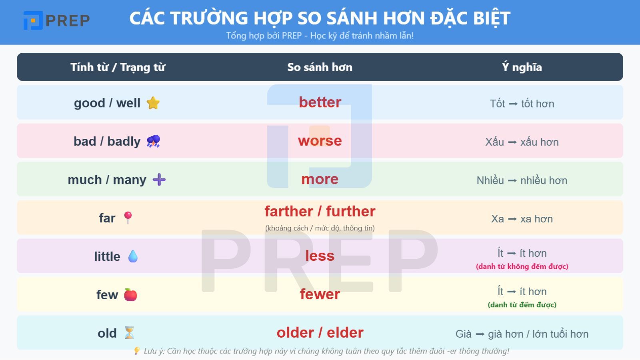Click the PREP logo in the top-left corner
[x=56, y=20]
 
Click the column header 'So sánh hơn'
[x=320, y=67]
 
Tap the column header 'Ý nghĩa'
[x=522, y=67]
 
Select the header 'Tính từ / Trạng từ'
[x=118, y=67]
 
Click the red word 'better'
[x=320, y=102]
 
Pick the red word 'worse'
[x=320, y=141]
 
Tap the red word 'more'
[x=320, y=179]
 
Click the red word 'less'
[x=320, y=256]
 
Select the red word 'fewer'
[x=320, y=294]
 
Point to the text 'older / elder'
[x=320, y=333]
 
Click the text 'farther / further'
[x=320, y=211]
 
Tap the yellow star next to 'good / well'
[x=153, y=103]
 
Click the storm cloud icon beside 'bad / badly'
[x=153, y=141]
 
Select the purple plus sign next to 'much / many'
[x=159, y=180]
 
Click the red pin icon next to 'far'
[x=128, y=218]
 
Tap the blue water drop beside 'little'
[x=133, y=256]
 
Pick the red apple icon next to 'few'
[x=130, y=295]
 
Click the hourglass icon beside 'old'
[x=129, y=333]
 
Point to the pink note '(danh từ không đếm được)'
[x=522, y=266]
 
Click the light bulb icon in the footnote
[x=136, y=351]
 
